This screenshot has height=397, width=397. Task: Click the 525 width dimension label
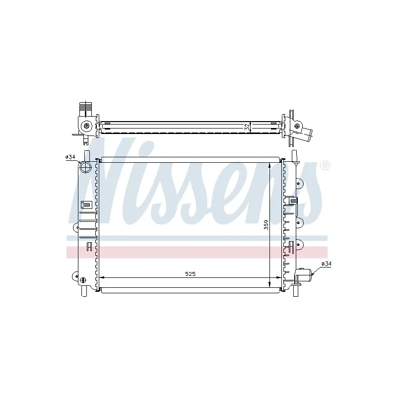(x=190, y=274)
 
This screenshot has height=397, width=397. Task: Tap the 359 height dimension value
(x=266, y=225)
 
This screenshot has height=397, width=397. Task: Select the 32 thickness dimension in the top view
(x=247, y=128)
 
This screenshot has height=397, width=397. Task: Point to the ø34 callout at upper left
(x=70, y=157)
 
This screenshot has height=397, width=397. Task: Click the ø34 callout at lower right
(x=326, y=264)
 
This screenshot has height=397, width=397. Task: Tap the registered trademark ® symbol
(x=325, y=165)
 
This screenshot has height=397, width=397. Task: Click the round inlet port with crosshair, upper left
(x=85, y=167)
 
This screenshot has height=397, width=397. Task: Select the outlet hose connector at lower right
(x=303, y=275)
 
